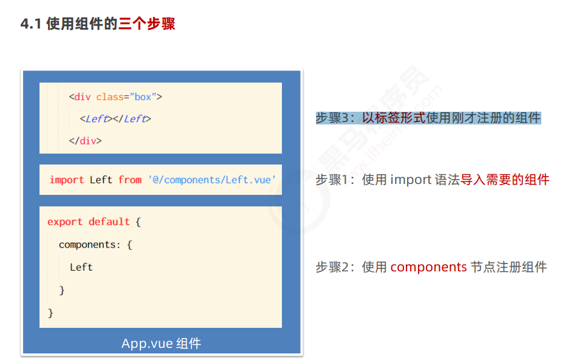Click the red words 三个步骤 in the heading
(x=147, y=24)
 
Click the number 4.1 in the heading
(x=31, y=24)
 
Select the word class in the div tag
(x=109, y=97)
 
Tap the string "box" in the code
(x=143, y=97)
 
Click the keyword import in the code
(x=67, y=180)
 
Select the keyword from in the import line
(x=130, y=180)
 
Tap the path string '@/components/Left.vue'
(x=211, y=180)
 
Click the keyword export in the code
(x=64, y=222)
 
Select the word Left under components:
(x=81, y=267)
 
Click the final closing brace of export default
(x=50, y=313)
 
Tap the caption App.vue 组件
(x=161, y=344)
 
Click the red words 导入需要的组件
(x=504, y=180)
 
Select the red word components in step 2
(x=428, y=267)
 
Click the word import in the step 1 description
(x=410, y=180)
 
